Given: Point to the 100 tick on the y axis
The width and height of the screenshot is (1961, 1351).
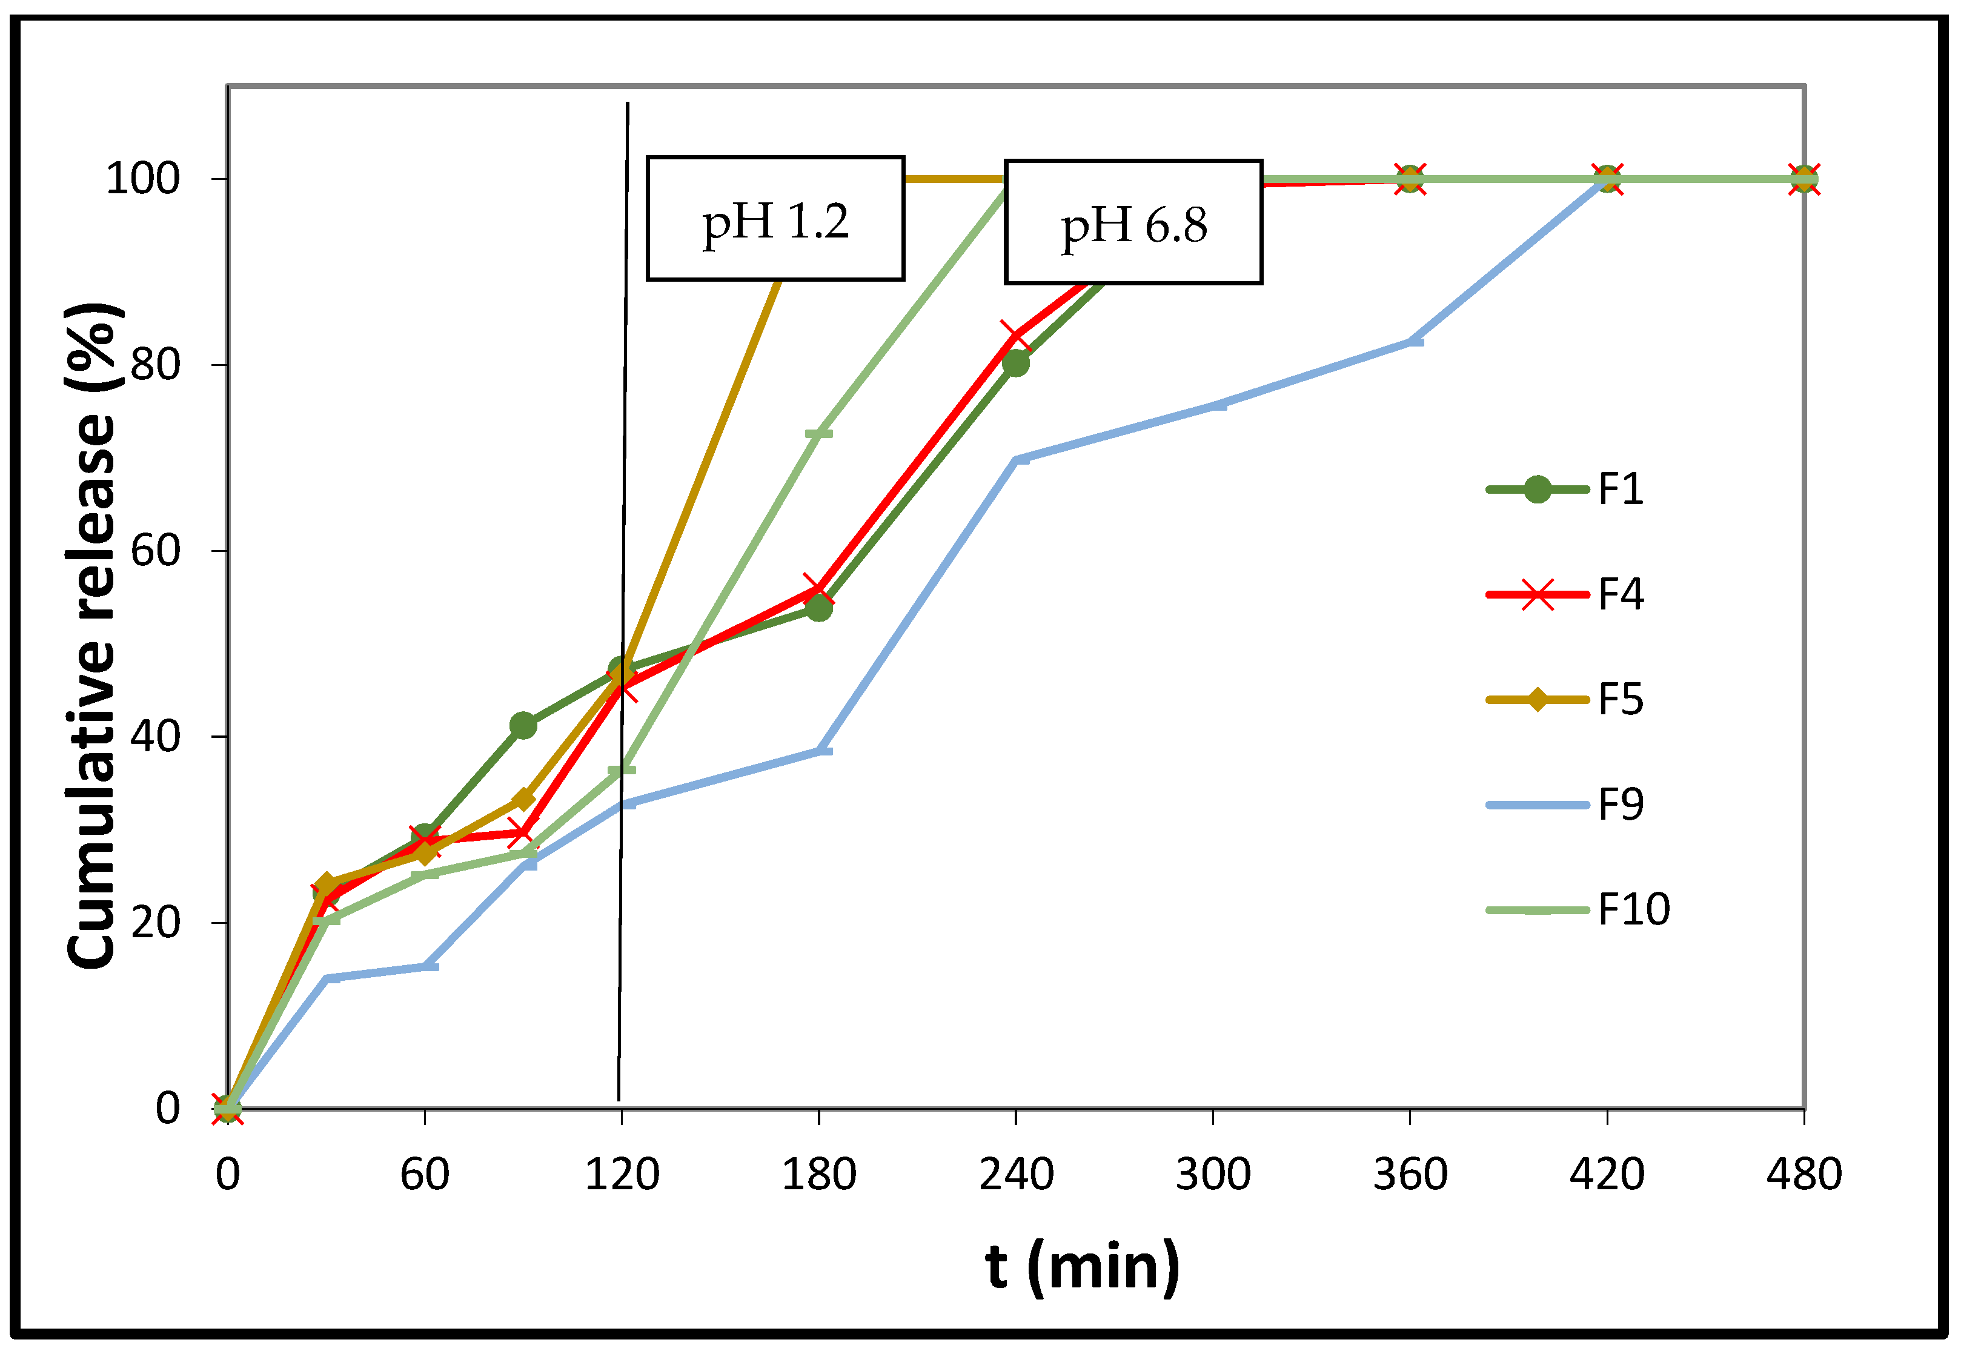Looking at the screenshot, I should click(x=142, y=179).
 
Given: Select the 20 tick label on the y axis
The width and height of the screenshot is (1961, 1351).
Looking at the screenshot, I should click(x=155, y=922).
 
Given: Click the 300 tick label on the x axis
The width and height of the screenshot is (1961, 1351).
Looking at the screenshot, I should click(x=1212, y=1174).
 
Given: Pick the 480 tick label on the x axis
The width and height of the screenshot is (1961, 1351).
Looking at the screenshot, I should click(x=1803, y=1174).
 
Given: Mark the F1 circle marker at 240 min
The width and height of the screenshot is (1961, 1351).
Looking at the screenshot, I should click(x=1015, y=363).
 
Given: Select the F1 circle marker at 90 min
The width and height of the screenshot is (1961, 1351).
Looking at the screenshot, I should click(x=522, y=725).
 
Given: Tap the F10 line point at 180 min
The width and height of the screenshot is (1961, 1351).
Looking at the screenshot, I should click(x=818, y=433).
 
